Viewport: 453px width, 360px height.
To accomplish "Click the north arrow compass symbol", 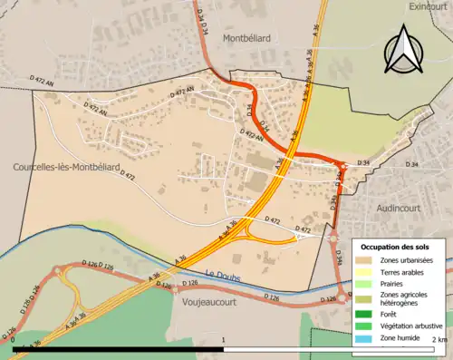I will tap(402, 49).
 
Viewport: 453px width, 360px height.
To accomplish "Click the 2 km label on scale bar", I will tap(439, 339).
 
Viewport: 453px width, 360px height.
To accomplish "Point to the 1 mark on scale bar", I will tap(224, 339).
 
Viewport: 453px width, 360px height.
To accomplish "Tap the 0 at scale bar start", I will tap(14, 339).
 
